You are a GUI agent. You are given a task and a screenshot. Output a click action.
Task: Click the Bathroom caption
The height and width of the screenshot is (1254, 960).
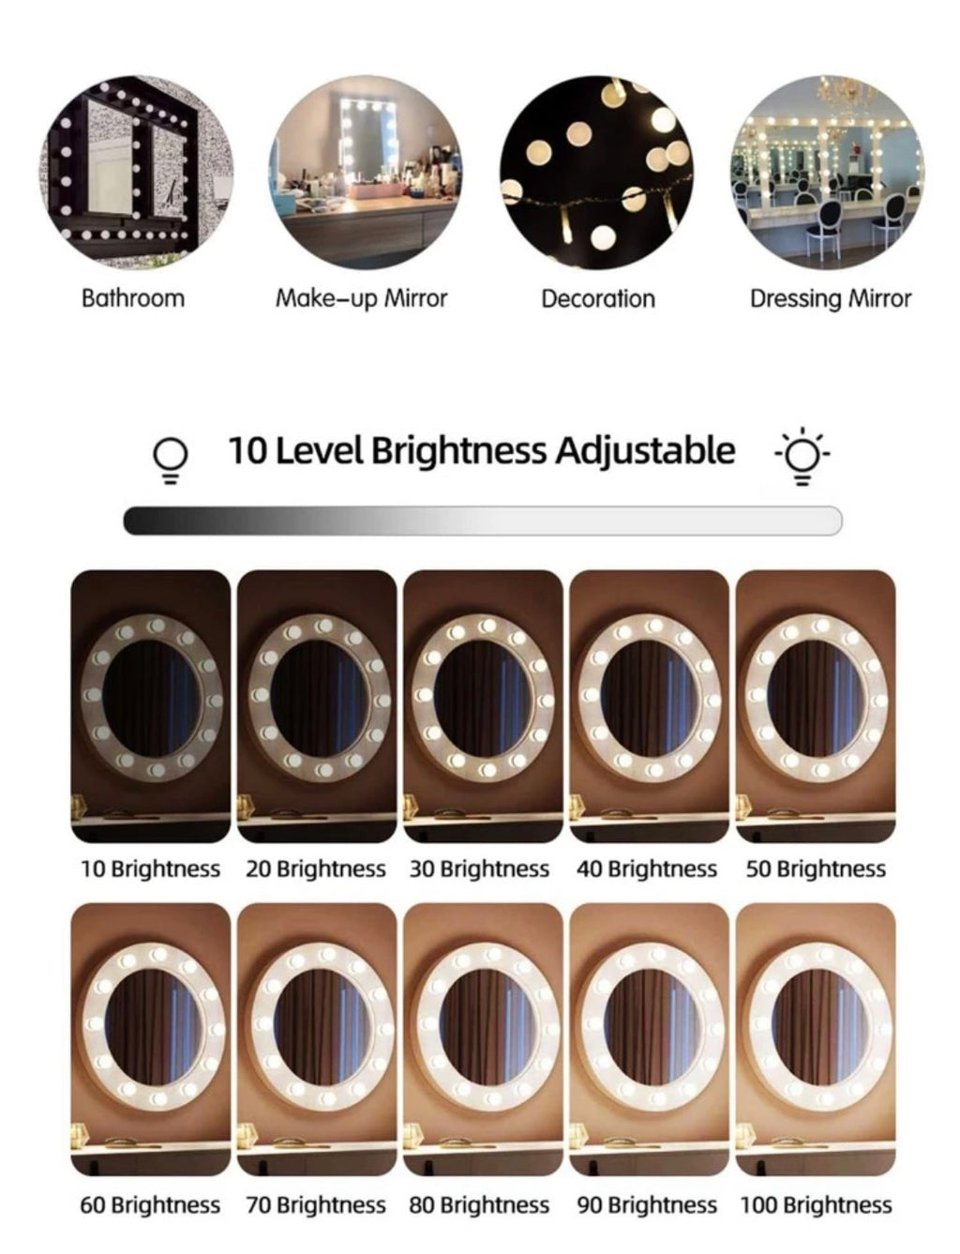[133, 298]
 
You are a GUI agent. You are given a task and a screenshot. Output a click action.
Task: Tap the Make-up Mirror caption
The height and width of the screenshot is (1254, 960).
[362, 299]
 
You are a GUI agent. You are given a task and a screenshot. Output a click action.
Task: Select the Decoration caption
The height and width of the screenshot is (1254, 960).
[598, 299]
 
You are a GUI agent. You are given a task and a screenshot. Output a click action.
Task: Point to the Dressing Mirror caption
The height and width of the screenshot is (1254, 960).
[831, 299]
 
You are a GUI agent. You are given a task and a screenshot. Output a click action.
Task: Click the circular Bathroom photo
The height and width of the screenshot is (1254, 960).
[137, 172]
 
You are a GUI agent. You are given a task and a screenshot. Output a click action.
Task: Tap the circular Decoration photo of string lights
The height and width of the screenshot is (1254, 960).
[596, 172]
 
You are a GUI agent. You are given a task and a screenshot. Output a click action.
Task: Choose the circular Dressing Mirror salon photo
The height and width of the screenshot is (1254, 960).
[827, 172]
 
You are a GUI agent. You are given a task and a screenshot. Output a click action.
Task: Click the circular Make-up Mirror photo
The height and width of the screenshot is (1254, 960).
[365, 172]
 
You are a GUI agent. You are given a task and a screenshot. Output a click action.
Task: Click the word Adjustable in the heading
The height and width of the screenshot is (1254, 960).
[645, 451]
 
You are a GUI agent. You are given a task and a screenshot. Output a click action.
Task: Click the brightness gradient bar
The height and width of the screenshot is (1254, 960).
[483, 521]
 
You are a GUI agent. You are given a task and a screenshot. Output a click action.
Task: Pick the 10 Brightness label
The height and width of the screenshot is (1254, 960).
[150, 868]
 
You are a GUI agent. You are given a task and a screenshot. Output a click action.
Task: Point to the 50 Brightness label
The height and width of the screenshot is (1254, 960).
[816, 868]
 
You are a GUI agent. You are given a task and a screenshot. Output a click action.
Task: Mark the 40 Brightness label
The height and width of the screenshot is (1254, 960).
[646, 868]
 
